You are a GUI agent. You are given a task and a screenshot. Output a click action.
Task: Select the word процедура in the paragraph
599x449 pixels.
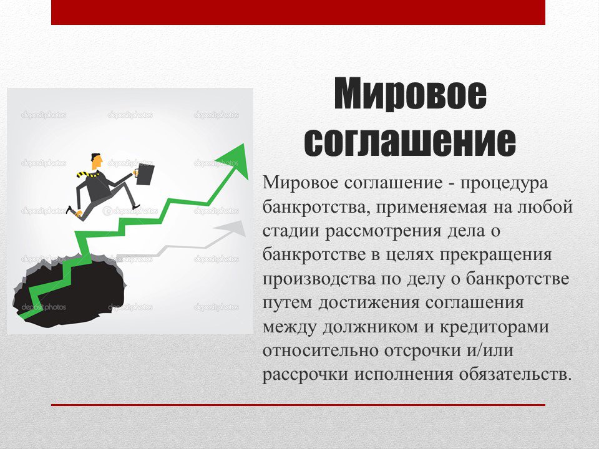[504, 184]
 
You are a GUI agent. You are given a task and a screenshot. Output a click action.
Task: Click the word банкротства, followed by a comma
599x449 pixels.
[316, 207]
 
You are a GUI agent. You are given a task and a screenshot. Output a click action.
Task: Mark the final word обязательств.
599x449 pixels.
[515, 375]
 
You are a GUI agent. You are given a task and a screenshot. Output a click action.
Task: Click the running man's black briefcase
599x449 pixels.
[145, 175]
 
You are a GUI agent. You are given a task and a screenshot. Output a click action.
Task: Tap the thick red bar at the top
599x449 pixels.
[298, 12]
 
